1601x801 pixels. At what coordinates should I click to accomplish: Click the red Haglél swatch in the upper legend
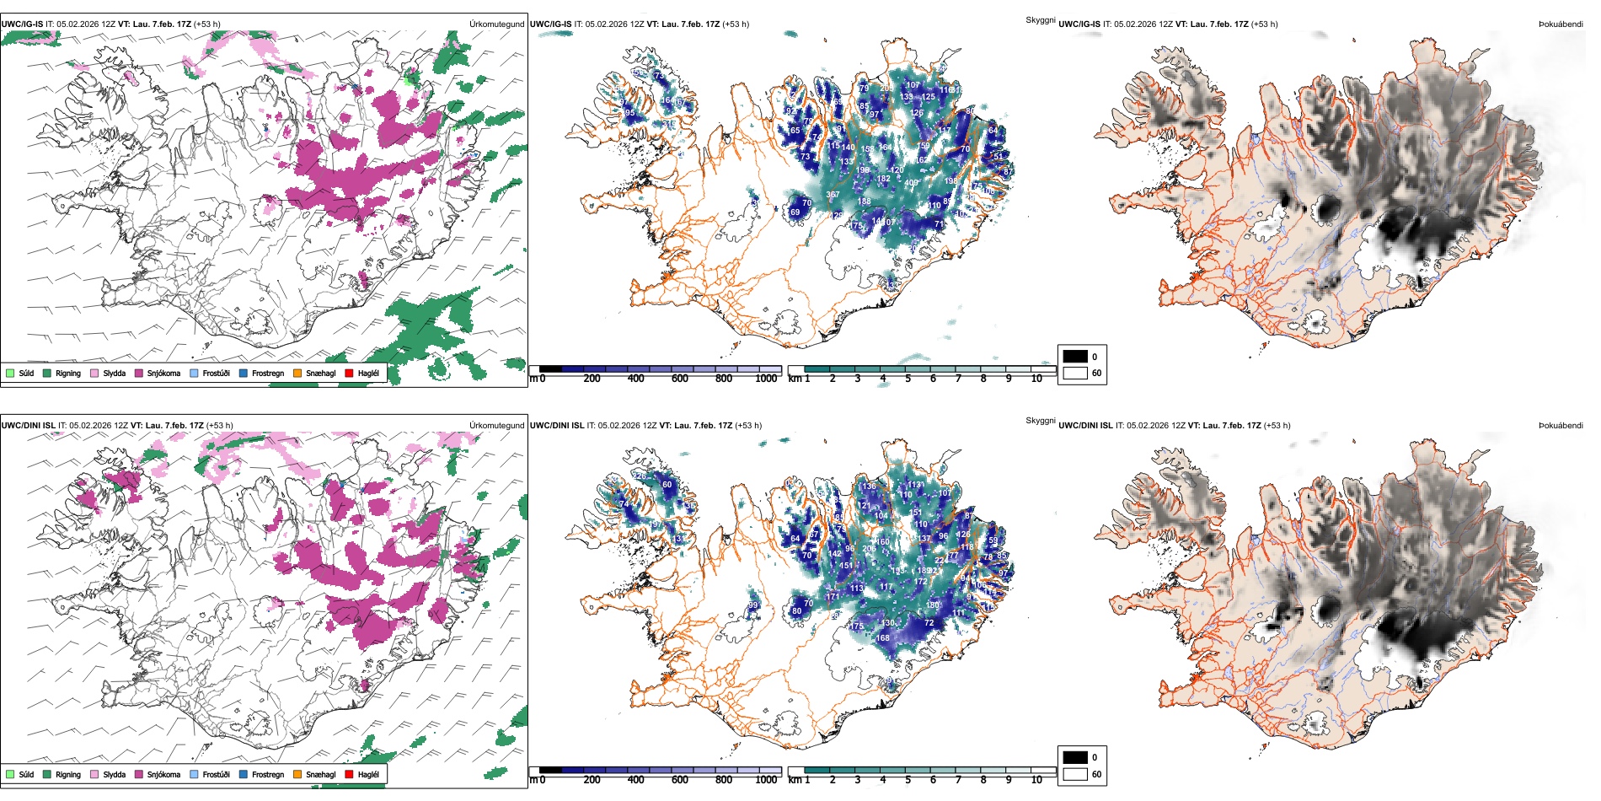pyautogui.click(x=349, y=373)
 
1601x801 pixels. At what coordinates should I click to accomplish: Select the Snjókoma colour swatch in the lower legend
pyautogui.click(x=139, y=774)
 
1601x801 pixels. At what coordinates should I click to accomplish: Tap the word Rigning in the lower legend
pyautogui.click(x=68, y=774)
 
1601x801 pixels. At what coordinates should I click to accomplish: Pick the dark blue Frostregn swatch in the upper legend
pyautogui.click(x=244, y=373)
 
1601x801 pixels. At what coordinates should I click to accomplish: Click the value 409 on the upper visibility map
pyautogui.click(x=911, y=183)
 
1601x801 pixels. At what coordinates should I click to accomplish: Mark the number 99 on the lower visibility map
pyautogui.click(x=753, y=605)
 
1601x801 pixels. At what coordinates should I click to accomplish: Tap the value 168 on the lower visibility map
pyautogui.click(x=882, y=637)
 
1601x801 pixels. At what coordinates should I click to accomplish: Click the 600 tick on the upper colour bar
pyautogui.click(x=679, y=379)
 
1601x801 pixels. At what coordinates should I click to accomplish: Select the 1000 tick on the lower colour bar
pyautogui.click(x=766, y=780)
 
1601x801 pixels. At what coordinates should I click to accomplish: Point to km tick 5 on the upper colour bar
pyautogui.click(x=908, y=379)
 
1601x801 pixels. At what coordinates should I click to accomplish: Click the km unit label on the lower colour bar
pyautogui.click(x=795, y=780)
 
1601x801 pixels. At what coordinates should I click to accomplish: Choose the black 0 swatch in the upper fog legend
pyautogui.click(x=1075, y=357)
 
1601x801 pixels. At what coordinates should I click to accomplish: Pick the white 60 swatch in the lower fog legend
pyautogui.click(x=1075, y=774)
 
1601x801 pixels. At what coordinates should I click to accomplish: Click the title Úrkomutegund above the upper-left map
pyautogui.click(x=496, y=24)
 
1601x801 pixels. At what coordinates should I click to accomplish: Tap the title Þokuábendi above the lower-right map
pyautogui.click(x=1561, y=425)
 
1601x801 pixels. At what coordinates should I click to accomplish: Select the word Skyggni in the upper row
pyautogui.click(x=1040, y=19)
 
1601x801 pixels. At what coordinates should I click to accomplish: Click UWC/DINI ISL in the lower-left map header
pyautogui.click(x=28, y=425)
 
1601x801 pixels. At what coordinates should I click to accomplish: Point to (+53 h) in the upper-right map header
pyautogui.click(x=1264, y=24)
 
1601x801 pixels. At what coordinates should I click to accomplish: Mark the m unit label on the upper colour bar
pyautogui.click(x=533, y=379)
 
